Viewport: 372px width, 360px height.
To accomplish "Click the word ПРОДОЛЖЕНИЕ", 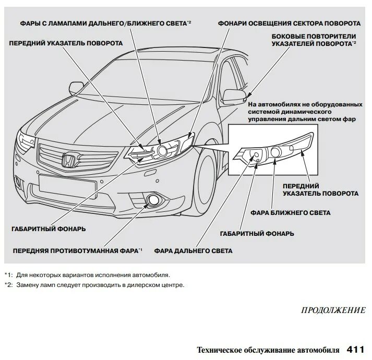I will pyautogui.click(x=333, y=310).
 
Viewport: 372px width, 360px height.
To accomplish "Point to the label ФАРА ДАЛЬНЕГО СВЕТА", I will pyautogui.click(x=194, y=251).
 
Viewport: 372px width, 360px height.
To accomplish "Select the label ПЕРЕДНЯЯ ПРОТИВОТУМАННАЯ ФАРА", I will pyautogui.click(x=75, y=251).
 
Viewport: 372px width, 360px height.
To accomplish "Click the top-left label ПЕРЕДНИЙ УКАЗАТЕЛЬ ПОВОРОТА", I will pyautogui.click(x=66, y=43).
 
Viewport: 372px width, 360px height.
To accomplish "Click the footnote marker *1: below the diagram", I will pyautogui.click(x=8, y=274).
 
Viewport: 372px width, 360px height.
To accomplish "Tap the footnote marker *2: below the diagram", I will pyautogui.click(x=8, y=285).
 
